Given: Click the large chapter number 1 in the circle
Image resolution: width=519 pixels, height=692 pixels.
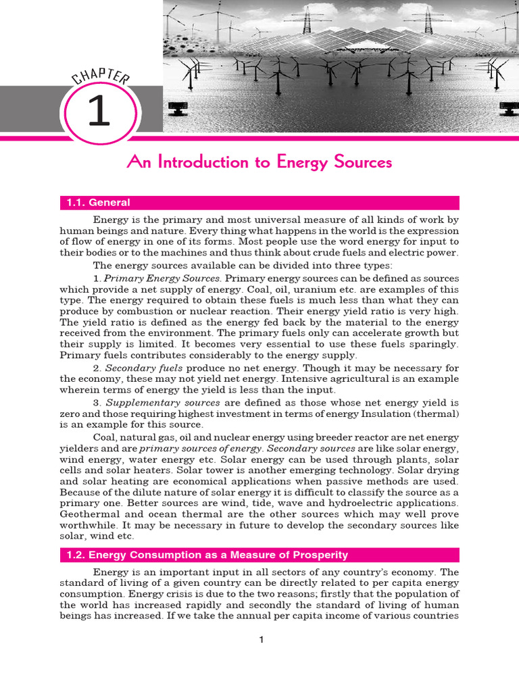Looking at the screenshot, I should (98, 112).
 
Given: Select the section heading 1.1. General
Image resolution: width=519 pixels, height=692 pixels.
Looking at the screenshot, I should (98, 203).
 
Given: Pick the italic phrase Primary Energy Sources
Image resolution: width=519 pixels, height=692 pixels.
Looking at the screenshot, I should (162, 278).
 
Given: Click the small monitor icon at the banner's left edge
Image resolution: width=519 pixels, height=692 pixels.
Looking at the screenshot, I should (180, 108).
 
